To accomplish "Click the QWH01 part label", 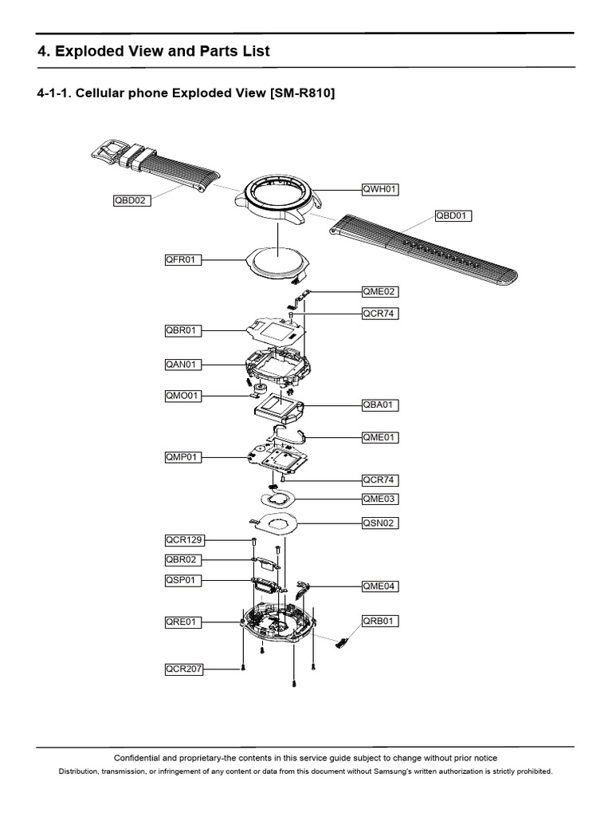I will pyautogui.click(x=379, y=189).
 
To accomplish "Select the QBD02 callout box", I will pyautogui.click(x=131, y=200).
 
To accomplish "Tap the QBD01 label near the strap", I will pyautogui.click(x=453, y=215).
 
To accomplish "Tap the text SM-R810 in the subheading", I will pyautogui.click(x=300, y=94).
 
